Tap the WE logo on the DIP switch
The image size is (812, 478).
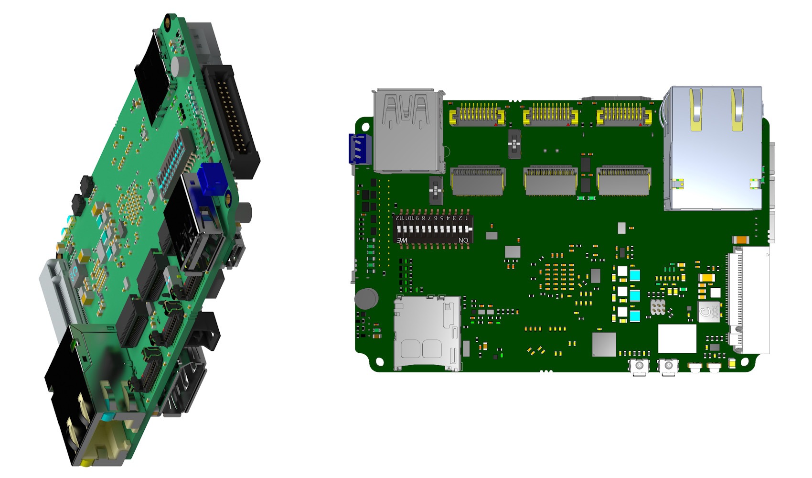coord(403,240)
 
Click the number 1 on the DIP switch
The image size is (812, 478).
coord(467,218)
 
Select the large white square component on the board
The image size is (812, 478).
coord(677,338)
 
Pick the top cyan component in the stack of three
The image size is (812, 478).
coord(634,275)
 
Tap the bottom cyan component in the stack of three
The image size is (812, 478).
coord(634,316)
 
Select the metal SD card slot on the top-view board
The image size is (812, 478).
coord(427,333)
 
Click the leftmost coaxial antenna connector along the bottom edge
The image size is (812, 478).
coord(639,367)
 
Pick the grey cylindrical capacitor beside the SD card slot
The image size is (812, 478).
coord(366,299)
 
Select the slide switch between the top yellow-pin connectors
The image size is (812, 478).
coord(514,143)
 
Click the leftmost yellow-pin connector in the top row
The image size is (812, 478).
coord(477,116)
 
